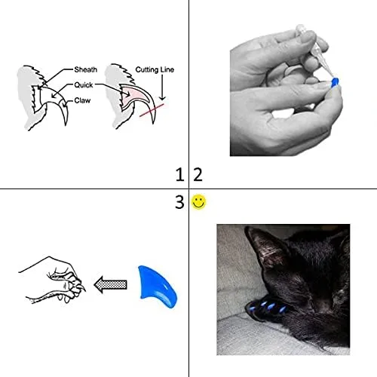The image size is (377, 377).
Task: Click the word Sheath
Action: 85,69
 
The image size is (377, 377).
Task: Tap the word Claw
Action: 83,100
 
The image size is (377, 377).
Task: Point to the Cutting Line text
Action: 155,69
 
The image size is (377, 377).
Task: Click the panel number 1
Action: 179,175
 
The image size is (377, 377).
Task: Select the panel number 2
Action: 198,175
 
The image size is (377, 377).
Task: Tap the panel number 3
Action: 179,202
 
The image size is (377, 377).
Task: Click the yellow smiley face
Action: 199,202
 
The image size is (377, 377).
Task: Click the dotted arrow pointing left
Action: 111,284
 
